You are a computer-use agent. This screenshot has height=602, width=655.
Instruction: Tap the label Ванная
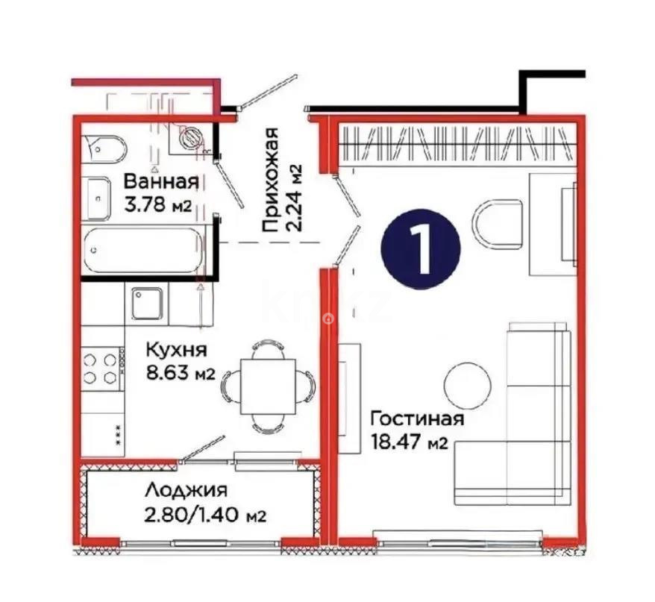click(160, 181)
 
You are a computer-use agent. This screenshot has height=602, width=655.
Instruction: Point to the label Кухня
click(175, 350)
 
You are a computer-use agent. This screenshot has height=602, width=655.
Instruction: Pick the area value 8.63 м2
click(180, 374)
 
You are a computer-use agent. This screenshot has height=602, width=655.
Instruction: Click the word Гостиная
click(417, 418)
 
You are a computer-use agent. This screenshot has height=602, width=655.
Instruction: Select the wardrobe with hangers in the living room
click(456, 143)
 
